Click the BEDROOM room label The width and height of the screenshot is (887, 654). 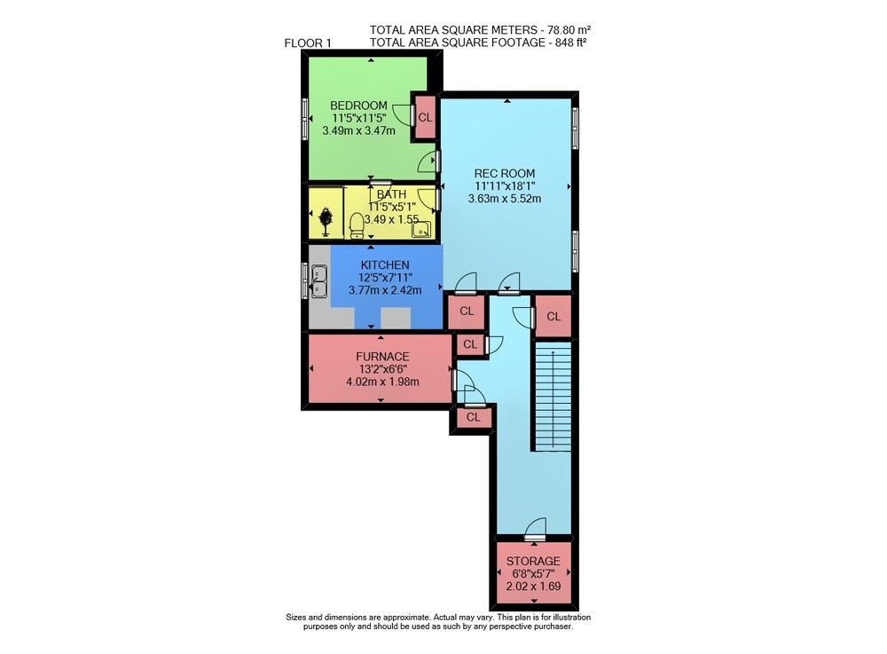(x=358, y=106)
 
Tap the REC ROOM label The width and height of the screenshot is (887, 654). (x=505, y=174)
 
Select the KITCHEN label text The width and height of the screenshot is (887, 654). (x=385, y=264)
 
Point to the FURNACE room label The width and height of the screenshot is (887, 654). (x=382, y=357)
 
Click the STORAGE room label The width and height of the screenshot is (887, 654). (x=533, y=561)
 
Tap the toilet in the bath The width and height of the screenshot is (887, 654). (x=357, y=225)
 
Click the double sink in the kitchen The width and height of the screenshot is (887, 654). (x=319, y=281)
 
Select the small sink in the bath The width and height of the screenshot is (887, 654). (x=421, y=229)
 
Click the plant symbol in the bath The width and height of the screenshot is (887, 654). (x=326, y=221)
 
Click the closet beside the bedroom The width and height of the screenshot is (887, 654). (x=425, y=118)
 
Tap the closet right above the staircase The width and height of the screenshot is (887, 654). (x=553, y=316)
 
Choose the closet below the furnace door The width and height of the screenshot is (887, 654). (x=474, y=418)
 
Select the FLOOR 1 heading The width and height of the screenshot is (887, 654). (x=308, y=43)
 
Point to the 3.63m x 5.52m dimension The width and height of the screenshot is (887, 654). (x=505, y=199)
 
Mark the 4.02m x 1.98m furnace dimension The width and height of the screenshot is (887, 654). (x=382, y=382)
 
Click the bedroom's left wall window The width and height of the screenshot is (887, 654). (x=305, y=119)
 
